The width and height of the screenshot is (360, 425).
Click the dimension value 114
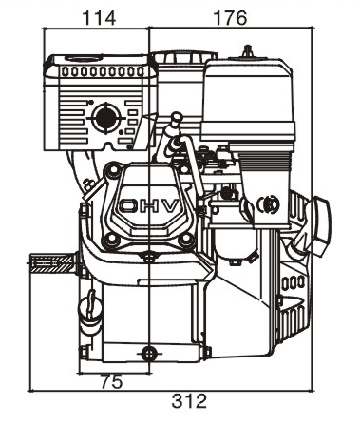click(99, 18)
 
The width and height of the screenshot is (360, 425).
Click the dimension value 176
click(230, 18)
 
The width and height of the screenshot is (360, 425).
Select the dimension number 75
click(111, 382)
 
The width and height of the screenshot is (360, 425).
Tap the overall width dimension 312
click(189, 401)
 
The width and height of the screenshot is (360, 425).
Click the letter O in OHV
click(127, 206)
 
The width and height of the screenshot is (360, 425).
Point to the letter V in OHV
click(169, 206)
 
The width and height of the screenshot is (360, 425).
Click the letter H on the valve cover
click(147, 206)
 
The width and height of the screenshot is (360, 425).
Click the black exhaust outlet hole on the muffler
click(106, 118)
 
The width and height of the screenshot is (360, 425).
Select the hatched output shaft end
click(52, 263)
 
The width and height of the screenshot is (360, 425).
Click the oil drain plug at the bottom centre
click(149, 354)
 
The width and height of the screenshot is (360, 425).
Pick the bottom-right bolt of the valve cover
click(186, 240)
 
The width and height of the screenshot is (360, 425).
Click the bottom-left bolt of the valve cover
click(111, 240)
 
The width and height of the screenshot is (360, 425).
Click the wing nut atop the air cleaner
click(248, 51)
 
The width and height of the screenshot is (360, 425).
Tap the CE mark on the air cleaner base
click(268, 204)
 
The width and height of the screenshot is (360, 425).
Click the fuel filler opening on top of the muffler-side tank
click(85, 58)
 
